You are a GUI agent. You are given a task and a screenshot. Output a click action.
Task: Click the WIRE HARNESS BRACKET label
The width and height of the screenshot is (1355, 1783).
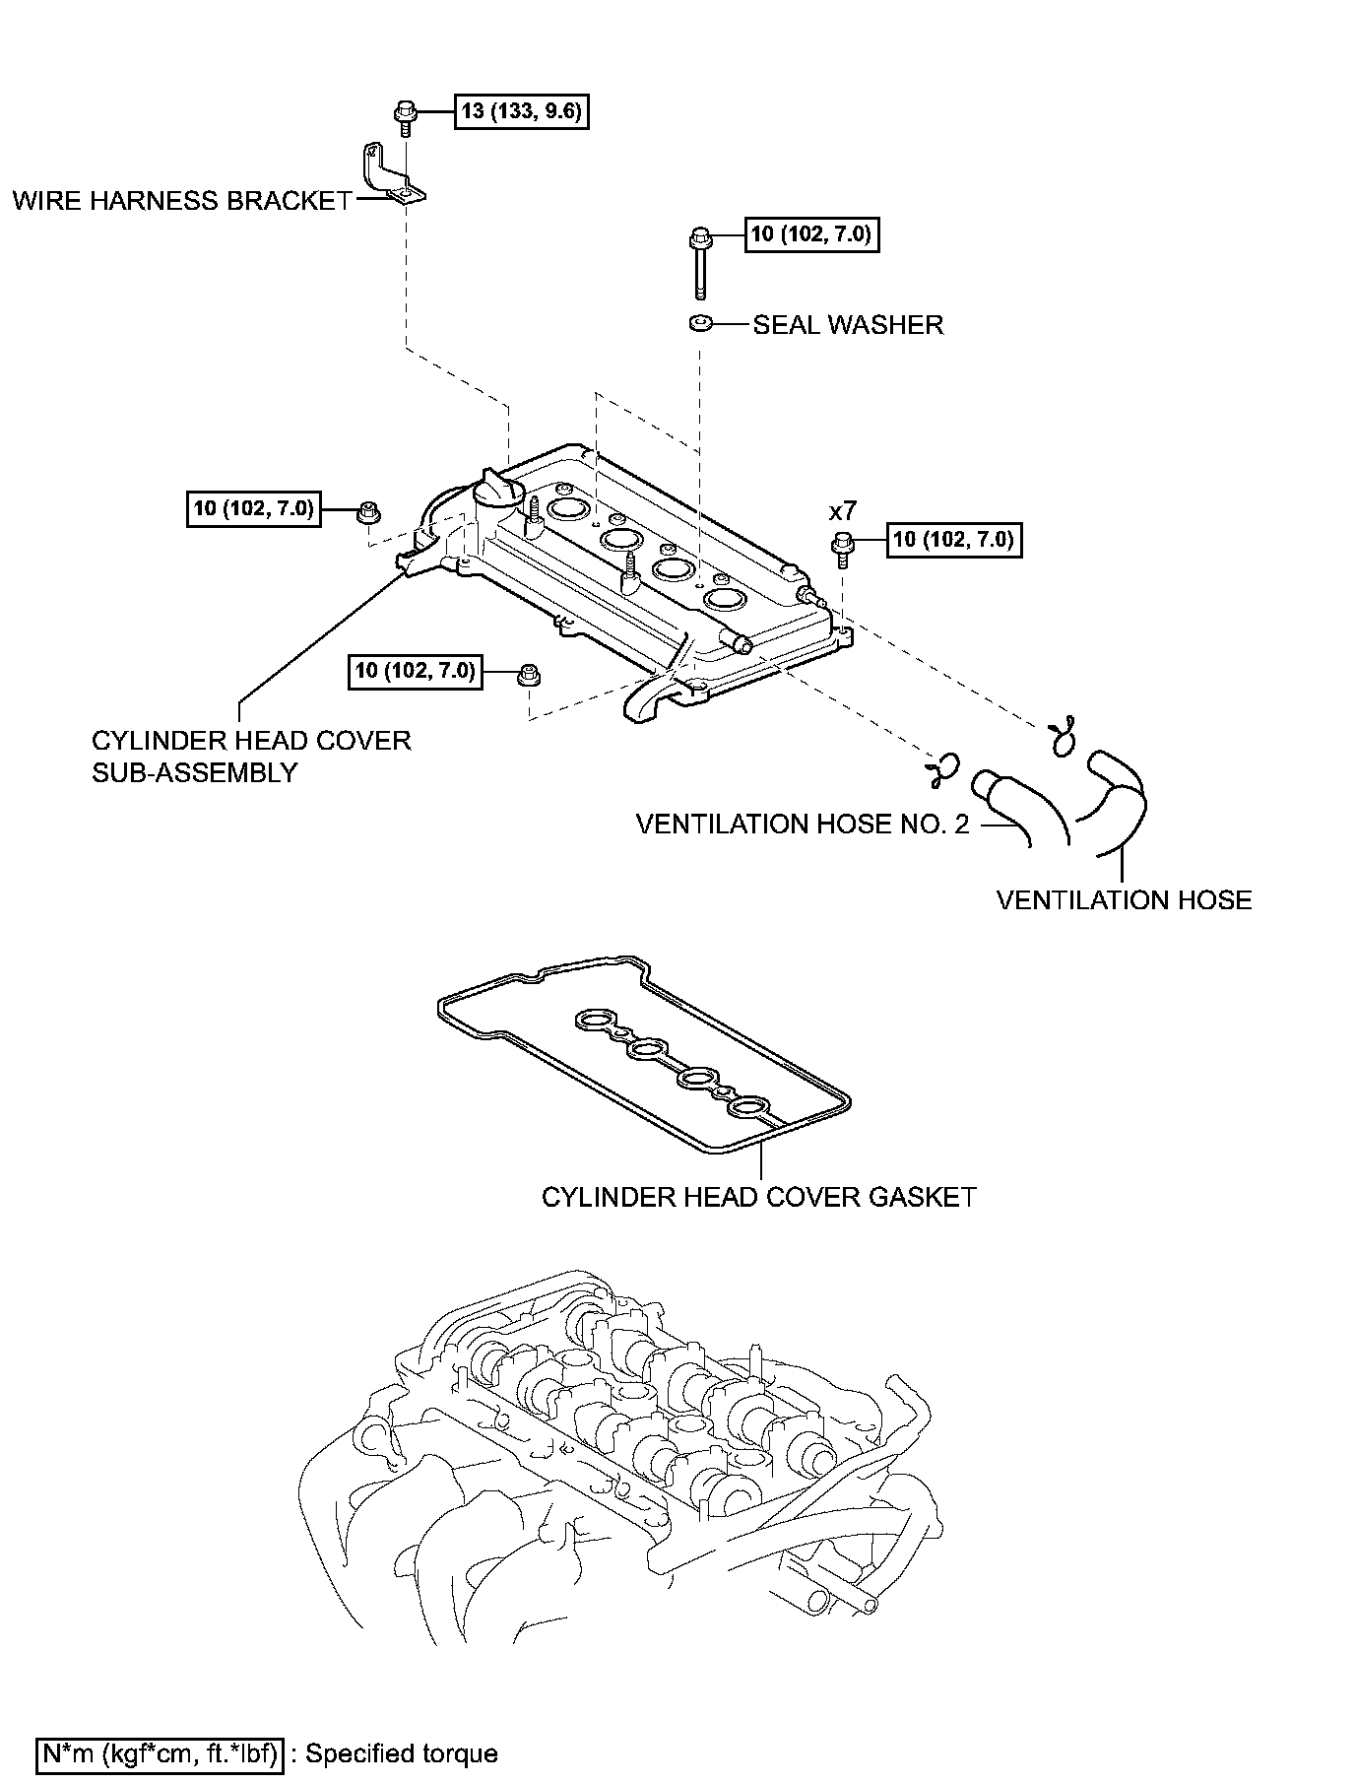pyautogui.click(x=182, y=201)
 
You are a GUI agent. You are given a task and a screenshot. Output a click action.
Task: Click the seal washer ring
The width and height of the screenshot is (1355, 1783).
pyautogui.click(x=700, y=323)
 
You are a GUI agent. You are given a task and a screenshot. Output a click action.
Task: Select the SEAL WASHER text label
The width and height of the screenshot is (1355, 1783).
pyautogui.click(x=848, y=325)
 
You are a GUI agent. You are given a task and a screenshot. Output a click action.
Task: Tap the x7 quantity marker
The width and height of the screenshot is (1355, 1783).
pyautogui.click(x=843, y=511)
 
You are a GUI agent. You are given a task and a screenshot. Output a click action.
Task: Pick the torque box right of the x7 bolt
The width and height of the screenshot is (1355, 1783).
pyautogui.click(x=954, y=540)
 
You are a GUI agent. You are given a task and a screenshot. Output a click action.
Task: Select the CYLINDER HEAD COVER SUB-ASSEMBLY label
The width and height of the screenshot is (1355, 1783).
pyautogui.click(x=251, y=757)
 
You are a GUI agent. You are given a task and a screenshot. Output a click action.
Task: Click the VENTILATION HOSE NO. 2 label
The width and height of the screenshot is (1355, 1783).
pyautogui.click(x=803, y=824)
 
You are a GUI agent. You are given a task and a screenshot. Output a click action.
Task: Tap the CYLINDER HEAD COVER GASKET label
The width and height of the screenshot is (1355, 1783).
pyautogui.click(x=758, y=1197)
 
